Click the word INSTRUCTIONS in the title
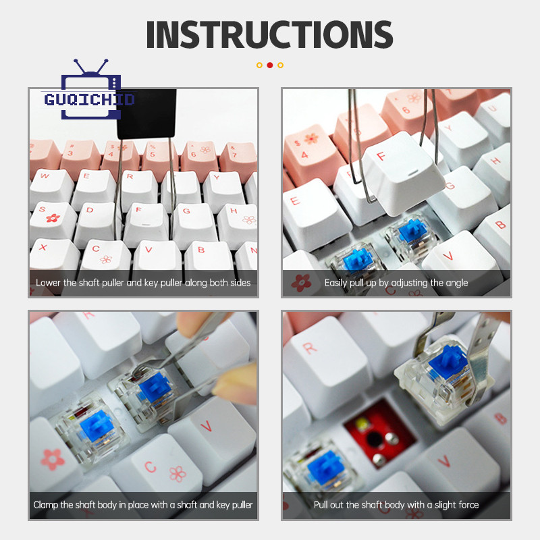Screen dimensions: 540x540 (x=269, y=34)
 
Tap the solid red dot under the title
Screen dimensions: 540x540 (x=270, y=65)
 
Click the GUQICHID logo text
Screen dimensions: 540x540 (x=89, y=99)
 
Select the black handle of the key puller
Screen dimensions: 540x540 (x=146, y=113)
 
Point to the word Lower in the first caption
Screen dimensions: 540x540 (x=48, y=283)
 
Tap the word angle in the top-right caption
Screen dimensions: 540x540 (x=457, y=283)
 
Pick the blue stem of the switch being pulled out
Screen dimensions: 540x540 (x=448, y=362)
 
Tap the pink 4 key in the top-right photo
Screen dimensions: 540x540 (x=310, y=151)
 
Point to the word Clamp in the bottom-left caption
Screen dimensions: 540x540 (x=46, y=505)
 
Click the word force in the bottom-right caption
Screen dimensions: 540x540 (x=467, y=505)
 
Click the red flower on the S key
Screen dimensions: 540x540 (x=53, y=218)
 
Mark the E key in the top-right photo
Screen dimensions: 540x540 (x=310, y=213)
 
